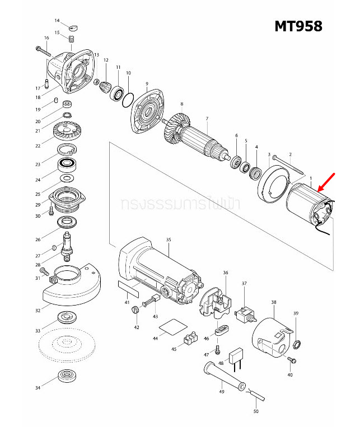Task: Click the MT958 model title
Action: click(x=298, y=26)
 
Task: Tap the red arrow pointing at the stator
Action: click(x=326, y=182)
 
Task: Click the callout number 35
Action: click(x=168, y=240)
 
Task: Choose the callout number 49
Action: click(x=222, y=392)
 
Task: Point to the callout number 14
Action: click(x=57, y=21)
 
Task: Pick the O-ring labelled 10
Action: click(x=128, y=99)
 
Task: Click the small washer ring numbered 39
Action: click(x=296, y=343)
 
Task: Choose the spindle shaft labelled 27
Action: click(x=68, y=245)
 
